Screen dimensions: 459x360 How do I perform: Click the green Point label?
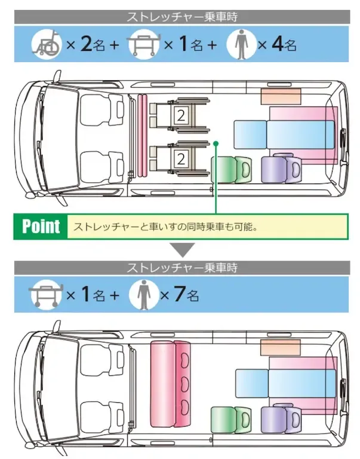(41, 227)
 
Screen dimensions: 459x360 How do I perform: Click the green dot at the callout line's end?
(216, 143)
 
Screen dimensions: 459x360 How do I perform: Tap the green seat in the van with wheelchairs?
(232, 168)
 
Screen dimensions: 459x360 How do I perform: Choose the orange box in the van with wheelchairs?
(280, 94)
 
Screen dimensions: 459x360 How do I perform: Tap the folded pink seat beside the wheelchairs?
(142, 137)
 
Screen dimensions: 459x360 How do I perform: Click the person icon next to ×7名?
(143, 294)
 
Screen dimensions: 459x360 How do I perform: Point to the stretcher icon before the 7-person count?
(46, 294)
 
